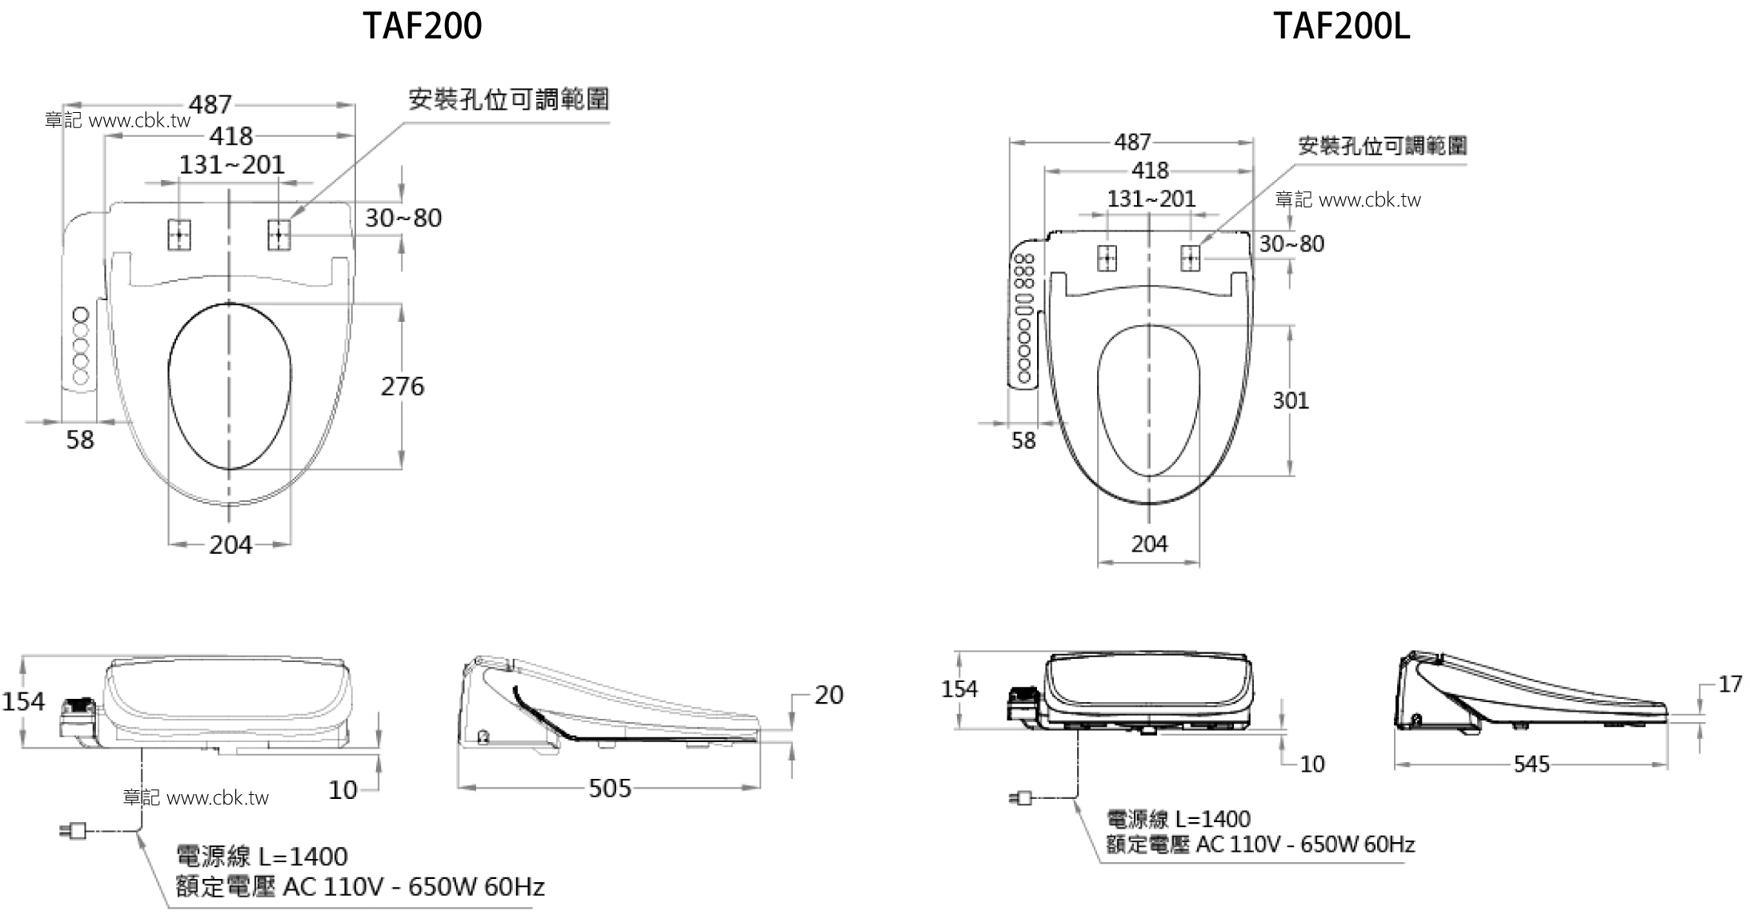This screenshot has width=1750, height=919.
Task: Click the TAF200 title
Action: [x=422, y=26]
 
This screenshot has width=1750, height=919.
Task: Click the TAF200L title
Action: [x=1341, y=26]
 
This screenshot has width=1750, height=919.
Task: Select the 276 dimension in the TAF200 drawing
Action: [x=402, y=387]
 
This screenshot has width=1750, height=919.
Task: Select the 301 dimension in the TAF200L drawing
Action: [x=1291, y=400]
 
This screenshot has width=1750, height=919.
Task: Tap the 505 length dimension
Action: [x=610, y=789]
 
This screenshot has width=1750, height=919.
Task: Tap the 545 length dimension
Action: [x=1531, y=764]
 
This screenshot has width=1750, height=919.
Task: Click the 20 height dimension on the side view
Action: [x=829, y=695]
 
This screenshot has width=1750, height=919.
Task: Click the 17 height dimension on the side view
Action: [x=1729, y=684]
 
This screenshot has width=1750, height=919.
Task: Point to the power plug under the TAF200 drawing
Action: [x=74, y=831]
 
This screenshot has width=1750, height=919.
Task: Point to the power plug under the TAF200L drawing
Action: [x=1021, y=798]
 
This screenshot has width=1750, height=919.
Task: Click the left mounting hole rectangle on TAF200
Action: [x=179, y=235]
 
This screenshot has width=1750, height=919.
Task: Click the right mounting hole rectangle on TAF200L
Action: [x=1191, y=258]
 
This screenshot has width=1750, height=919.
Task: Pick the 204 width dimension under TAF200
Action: [x=230, y=545]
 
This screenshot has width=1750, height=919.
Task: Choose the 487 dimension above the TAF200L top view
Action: [x=1132, y=142]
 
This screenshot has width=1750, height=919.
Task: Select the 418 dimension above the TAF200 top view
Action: [x=230, y=136]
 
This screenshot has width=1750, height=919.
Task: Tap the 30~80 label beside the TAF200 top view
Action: [x=403, y=218]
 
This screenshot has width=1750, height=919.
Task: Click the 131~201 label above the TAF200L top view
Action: [x=1151, y=199]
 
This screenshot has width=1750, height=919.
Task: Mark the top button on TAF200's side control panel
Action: [x=80, y=313]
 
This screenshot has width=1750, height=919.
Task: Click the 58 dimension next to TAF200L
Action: [x=1023, y=440]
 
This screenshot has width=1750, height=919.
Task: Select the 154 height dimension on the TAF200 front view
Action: [x=23, y=701]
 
